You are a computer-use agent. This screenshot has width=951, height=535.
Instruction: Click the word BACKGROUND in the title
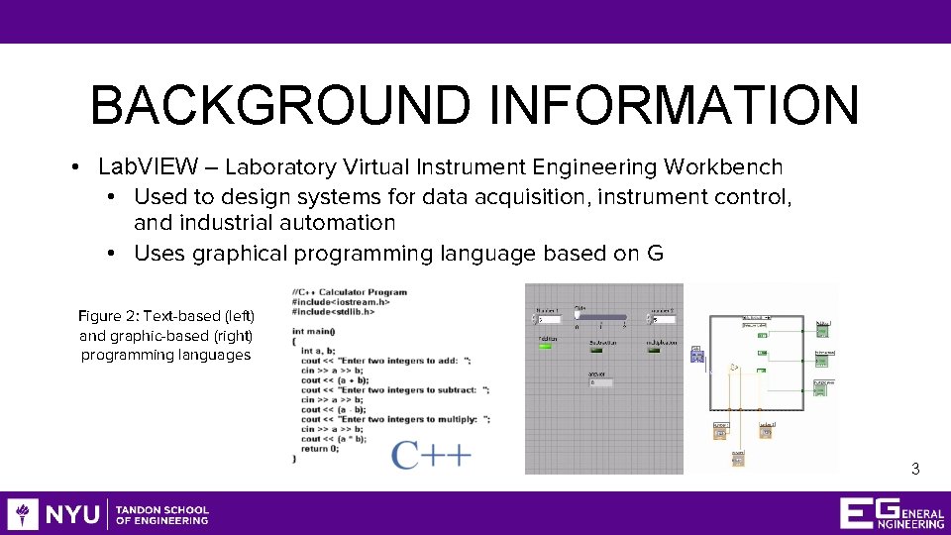click(281, 106)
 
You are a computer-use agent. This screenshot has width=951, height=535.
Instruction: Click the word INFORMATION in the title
click(674, 106)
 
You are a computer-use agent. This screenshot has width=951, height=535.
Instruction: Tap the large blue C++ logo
click(431, 454)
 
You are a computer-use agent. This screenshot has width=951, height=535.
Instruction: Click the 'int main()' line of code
click(313, 331)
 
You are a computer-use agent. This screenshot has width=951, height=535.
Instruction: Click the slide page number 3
click(915, 470)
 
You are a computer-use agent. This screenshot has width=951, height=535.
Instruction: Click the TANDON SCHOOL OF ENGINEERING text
click(162, 515)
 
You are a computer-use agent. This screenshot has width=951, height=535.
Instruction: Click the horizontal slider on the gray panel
click(600, 318)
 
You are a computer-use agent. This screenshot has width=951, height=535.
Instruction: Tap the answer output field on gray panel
click(607, 382)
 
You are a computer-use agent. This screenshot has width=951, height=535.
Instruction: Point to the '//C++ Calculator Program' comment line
click(349, 292)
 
